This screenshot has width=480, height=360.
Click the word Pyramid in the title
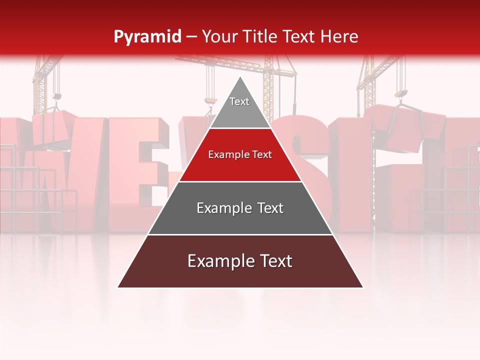click(147, 37)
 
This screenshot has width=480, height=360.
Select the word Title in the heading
click(260, 37)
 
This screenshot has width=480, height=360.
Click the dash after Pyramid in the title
click(191, 37)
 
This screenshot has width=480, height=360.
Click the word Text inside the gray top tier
click(239, 101)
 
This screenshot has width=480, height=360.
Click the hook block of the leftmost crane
click(57, 96)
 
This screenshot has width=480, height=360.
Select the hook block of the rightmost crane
click(401, 93)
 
